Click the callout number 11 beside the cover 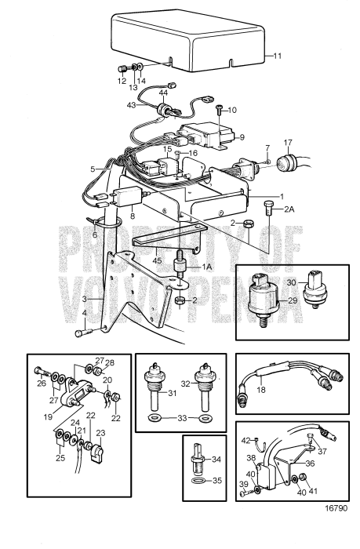point(278,56)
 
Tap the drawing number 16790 point(336,508)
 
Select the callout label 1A point(207,267)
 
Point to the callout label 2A point(289,209)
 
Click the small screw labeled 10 point(219,110)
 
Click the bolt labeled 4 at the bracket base point(83,333)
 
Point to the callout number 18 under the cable point(261,389)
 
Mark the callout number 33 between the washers point(182,418)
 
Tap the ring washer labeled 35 point(199,480)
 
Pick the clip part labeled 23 point(98,454)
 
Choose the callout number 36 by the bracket point(311,464)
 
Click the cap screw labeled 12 point(123,69)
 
